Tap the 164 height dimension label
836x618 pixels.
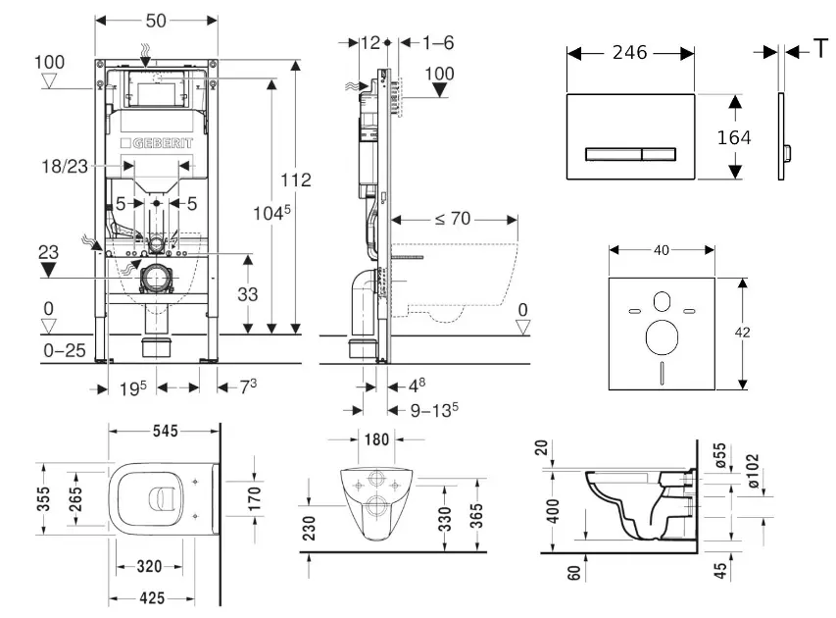pos(733,138)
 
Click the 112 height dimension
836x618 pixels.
pos(295,180)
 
